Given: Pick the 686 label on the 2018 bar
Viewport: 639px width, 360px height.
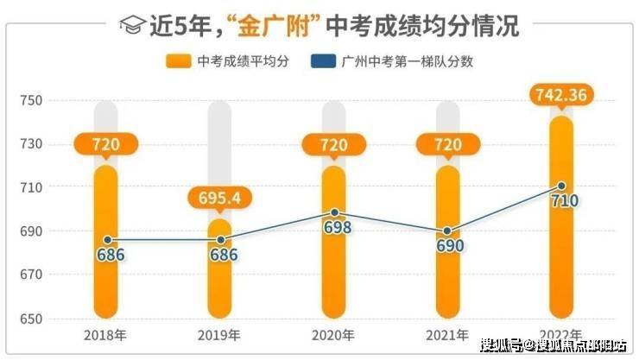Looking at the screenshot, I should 105,255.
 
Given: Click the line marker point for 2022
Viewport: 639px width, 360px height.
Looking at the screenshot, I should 561,186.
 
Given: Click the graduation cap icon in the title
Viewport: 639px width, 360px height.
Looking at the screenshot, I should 130,25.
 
